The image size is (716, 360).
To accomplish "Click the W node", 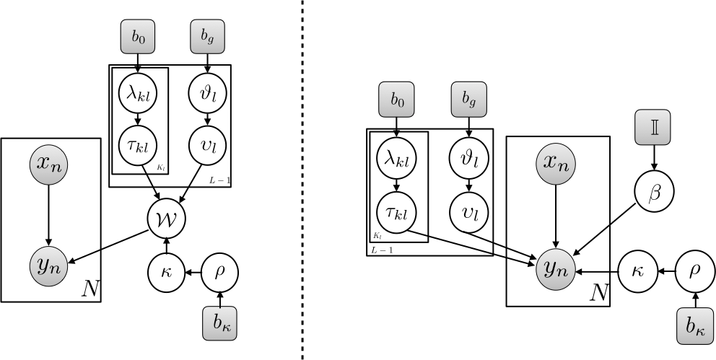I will (x=166, y=218).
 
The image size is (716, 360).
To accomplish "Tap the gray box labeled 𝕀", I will (x=653, y=127).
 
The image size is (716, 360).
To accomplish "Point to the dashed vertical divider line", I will (x=302, y=180).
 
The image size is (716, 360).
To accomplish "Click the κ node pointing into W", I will (x=166, y=272).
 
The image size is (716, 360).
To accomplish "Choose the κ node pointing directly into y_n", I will (x=637, y=272).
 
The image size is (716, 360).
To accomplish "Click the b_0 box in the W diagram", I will (x=138, y=35).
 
